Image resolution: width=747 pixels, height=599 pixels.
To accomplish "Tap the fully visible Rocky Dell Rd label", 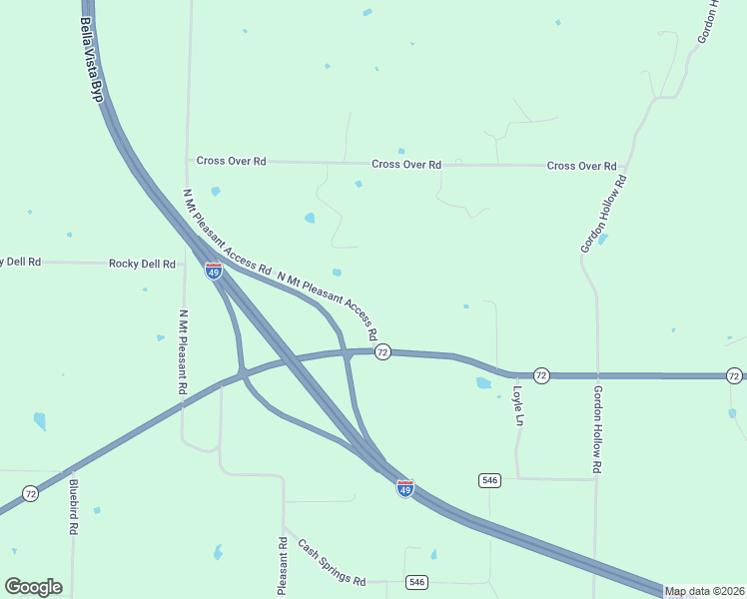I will [142, 264].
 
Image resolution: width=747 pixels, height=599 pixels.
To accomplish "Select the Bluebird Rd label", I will [73, 507].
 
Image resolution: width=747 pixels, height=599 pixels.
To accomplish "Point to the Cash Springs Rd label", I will [333, 562].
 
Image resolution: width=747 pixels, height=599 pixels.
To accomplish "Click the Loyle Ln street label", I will [517, 406].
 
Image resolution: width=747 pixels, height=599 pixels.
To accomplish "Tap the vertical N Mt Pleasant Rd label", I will [183, 352].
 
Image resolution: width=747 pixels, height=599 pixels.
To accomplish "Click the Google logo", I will [33, 587].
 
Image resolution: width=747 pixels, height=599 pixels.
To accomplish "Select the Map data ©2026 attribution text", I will [705, 591].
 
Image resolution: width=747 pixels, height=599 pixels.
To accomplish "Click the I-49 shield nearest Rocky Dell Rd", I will [214, 271].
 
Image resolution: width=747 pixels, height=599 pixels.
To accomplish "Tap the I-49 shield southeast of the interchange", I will [404, 488].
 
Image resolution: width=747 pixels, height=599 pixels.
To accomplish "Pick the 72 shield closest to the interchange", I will [381, 352].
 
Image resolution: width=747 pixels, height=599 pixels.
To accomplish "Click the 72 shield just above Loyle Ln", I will [540, 374].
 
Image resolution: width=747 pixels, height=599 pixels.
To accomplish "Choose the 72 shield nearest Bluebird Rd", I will [31, 493].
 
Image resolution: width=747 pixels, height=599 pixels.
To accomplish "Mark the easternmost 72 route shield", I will [734, 375].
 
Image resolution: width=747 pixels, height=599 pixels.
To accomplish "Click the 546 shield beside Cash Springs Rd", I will [416, 582].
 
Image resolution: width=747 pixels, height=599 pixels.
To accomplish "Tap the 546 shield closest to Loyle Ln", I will [488, 480].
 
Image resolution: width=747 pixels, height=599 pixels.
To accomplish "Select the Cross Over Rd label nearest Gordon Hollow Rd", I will [581, 166].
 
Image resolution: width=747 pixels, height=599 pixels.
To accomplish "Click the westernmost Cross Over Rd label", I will [231, 161].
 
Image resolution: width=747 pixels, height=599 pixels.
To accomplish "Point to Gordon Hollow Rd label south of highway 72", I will [597, 429].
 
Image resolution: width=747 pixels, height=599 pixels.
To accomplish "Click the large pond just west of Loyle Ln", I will [484, 382].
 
